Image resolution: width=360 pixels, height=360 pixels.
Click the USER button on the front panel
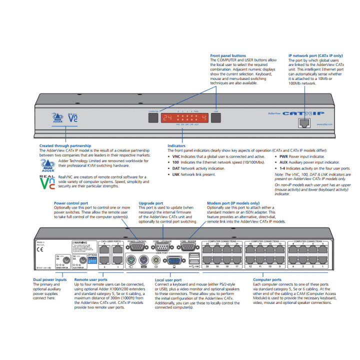point(215,117)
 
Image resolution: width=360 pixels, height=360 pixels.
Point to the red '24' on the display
point(166,118)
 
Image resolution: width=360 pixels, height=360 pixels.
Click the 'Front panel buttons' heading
point(227,56)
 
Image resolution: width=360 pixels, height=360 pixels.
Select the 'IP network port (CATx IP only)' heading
point(315,56)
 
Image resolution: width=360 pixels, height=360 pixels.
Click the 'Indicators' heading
point(176,146)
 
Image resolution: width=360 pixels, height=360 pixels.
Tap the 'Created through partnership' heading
point(65,146)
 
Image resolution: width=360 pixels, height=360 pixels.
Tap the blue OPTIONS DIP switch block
point(92,260)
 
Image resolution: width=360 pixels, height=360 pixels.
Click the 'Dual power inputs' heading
point(49,280)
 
